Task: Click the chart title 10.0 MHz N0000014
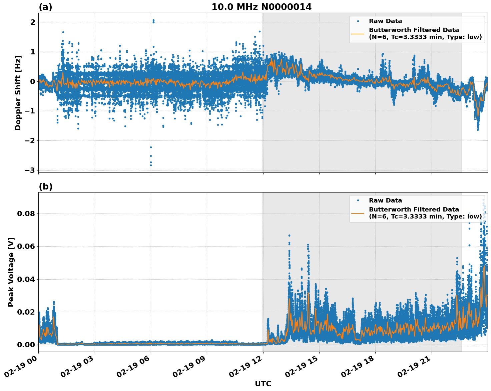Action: [262, 7]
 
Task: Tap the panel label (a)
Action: [45, 7]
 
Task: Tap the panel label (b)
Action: [46, 186]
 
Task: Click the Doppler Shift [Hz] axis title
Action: [18, 93]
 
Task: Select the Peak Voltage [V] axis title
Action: [11, 272]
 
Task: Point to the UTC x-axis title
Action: [263, 384]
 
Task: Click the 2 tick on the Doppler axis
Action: [33, 22]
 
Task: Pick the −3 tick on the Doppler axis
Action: [31, 170]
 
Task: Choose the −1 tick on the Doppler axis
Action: [31, 111]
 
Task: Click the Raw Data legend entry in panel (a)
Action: [385, 21]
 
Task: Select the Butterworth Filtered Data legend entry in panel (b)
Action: [425, 213]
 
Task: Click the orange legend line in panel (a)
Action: [358, 34]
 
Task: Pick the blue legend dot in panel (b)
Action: [358, 201]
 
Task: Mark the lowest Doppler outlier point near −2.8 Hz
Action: [151, 165]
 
